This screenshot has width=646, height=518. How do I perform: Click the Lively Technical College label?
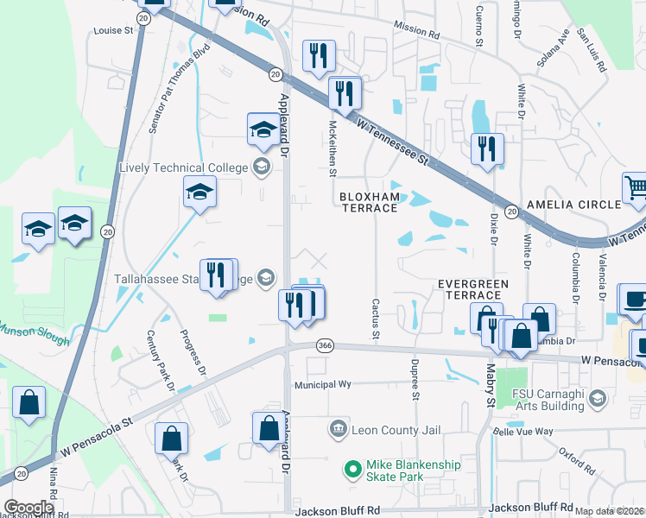(183, 168)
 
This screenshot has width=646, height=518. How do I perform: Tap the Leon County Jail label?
(385, 429)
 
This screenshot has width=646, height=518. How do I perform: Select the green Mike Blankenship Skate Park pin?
(351, 471)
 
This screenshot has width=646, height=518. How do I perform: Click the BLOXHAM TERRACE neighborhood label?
(370, 202)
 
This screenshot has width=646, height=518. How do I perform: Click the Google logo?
(28, 508)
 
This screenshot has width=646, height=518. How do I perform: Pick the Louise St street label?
(113, 30)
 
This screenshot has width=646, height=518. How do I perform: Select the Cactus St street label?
(376, 318)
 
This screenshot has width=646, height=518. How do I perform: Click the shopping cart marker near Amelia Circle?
(635, 188)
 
